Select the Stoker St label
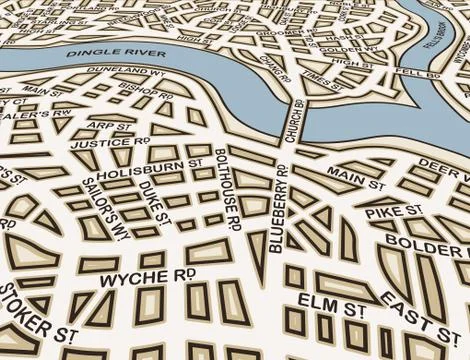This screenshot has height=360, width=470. (x=37, y=311)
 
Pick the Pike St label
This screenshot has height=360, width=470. (x=381, y=212)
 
